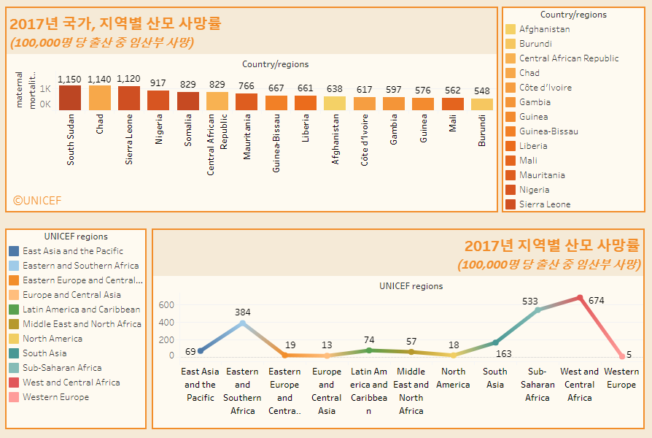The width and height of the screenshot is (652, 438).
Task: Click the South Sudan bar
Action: [70, 98]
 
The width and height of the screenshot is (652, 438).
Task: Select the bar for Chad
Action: [99, 98]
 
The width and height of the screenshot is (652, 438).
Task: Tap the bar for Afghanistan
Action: [335, 103]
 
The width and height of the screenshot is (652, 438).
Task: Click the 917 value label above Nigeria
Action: [158, 82]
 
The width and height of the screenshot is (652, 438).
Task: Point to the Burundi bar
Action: [482, 104]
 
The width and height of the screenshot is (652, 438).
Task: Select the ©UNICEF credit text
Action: [37, 200]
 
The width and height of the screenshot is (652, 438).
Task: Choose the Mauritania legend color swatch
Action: [511, 175]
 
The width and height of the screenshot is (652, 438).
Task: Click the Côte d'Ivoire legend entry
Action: [545, 88]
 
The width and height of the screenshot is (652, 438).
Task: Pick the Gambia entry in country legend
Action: [535, 102]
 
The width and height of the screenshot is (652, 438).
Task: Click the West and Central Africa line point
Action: [580, 298]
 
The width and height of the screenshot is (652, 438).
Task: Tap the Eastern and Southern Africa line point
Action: [243, 323]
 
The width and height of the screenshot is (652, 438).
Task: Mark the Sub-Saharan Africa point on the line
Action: [537, 310]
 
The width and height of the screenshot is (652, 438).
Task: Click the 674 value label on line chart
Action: [596, 300]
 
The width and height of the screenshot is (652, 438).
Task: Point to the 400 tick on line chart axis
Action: [167, 322]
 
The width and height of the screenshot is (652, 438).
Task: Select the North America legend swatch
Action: [14, 339]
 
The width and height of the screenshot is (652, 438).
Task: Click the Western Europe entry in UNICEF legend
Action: [55, 397]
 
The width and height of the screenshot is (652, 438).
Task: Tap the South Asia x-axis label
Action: [495, 378]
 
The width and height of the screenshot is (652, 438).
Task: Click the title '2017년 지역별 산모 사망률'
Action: [552, 245]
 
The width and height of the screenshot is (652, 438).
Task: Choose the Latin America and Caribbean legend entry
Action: [81, 310]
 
